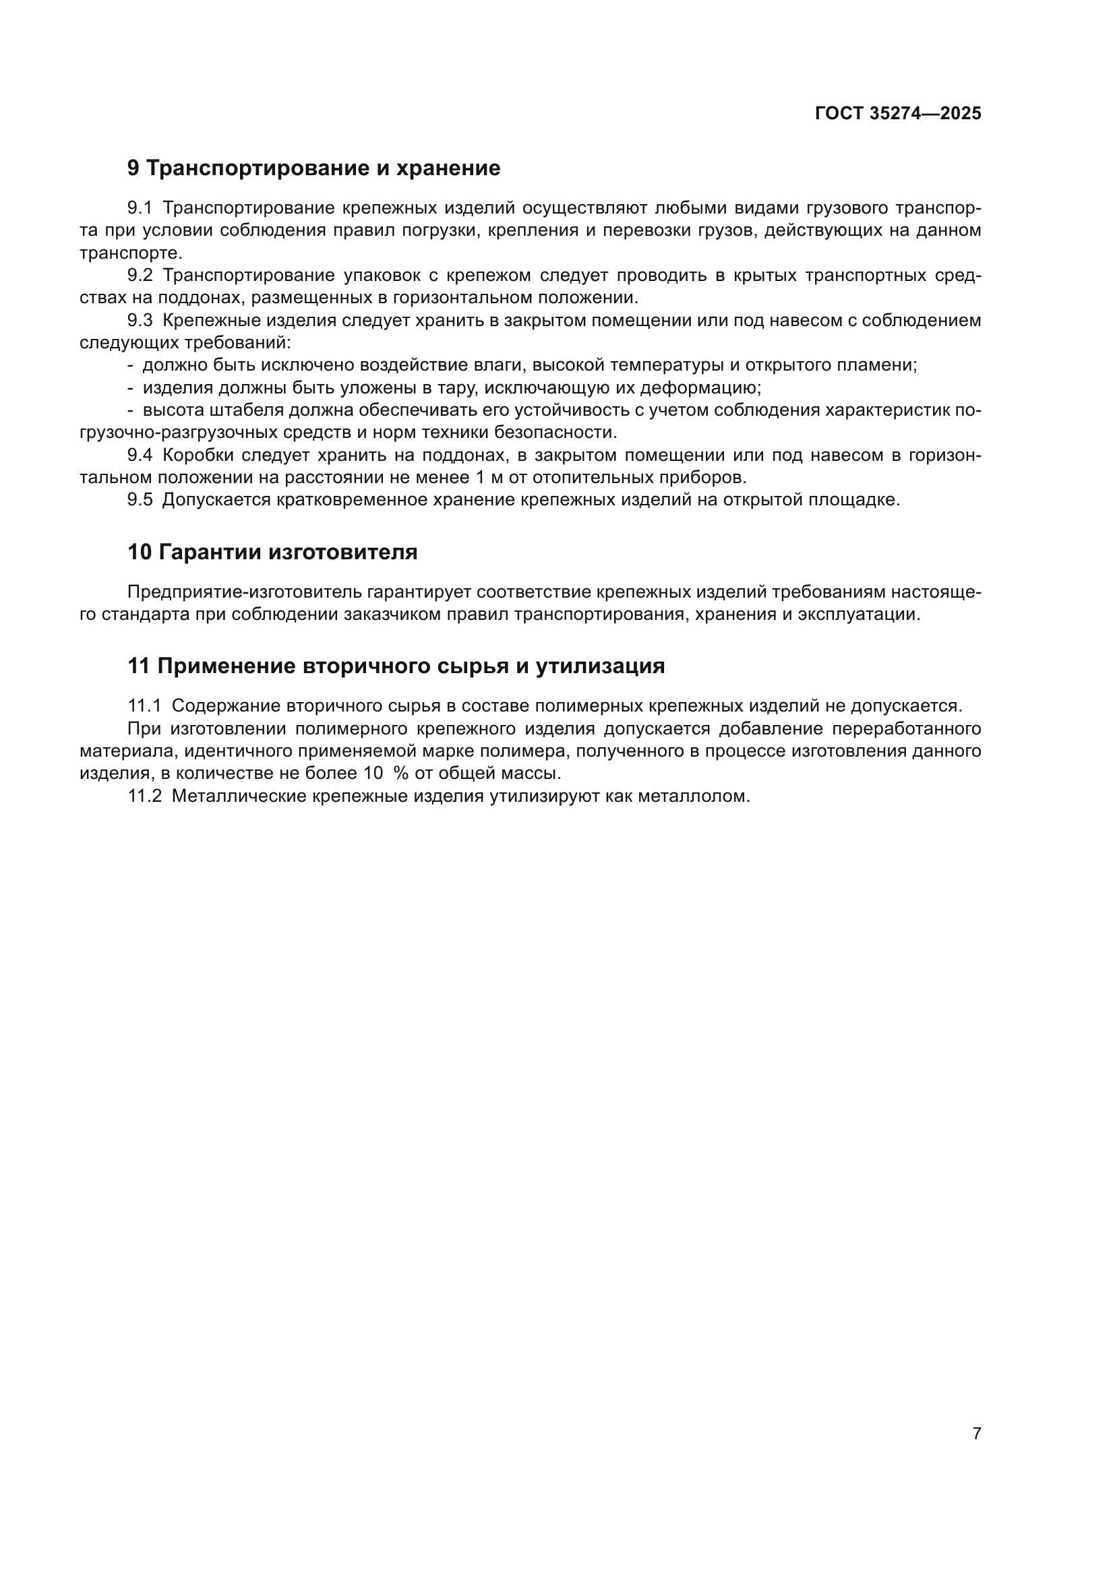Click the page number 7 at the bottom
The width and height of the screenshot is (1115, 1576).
[x=977, y=1433]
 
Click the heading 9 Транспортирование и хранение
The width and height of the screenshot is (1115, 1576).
[x=313, y=168]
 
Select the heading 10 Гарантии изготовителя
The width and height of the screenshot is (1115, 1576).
[x=272, y=552]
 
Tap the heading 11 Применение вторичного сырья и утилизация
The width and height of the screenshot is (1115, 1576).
[x=396, y=666]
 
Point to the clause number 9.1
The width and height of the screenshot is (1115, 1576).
[x=140, y=208]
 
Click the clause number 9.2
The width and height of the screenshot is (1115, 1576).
[x=140, y=276]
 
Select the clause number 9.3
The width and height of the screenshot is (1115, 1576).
[x=140, y=321]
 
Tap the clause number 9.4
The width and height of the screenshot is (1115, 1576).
[x=140, y=455]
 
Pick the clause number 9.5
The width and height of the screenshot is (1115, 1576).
[x=140, y=500]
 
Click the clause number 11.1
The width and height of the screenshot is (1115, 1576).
[x=144, y=705]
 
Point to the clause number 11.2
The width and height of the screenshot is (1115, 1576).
[x=144, y=796]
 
